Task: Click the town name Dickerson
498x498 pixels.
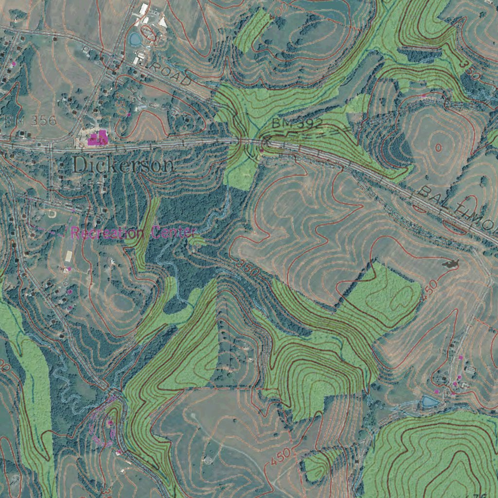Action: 123,165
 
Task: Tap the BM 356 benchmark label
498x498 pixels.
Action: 30,121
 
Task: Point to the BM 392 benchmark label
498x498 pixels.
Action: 297,124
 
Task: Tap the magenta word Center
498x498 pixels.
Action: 173,232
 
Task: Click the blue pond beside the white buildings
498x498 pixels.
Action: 136,38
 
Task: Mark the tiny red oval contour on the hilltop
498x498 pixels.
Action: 439,147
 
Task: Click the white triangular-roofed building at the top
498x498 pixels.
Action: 163,22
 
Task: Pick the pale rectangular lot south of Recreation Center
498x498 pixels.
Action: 69,255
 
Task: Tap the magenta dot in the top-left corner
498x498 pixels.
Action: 14,64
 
